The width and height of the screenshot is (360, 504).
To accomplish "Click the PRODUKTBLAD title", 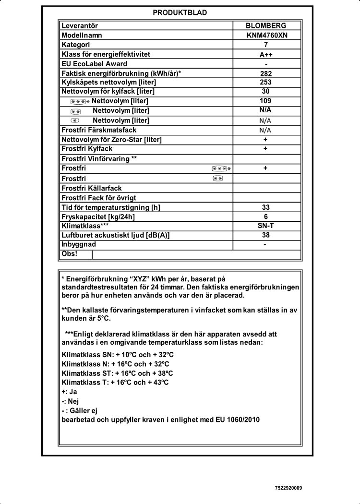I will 180,13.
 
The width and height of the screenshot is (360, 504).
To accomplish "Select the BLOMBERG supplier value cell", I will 266,26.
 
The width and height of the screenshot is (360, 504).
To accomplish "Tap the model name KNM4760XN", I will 266,36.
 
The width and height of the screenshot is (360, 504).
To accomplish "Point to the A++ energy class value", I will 266,55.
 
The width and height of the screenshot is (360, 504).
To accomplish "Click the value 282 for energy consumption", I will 266,73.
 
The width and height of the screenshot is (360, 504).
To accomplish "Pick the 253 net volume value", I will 266,83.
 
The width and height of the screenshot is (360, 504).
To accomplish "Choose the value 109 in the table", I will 265,101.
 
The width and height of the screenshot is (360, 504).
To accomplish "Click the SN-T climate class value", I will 266,226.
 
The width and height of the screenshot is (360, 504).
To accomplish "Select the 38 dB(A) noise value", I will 266,235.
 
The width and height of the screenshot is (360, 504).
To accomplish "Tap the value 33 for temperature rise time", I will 266,207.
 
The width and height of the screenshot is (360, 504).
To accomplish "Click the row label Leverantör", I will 80,26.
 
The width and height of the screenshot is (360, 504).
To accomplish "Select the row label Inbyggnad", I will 79,244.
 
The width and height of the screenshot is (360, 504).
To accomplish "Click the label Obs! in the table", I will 70,253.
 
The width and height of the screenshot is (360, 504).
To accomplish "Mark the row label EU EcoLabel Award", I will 95,64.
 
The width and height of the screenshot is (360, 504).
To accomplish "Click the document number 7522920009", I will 288,488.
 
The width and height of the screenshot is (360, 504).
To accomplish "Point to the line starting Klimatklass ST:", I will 118,373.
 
